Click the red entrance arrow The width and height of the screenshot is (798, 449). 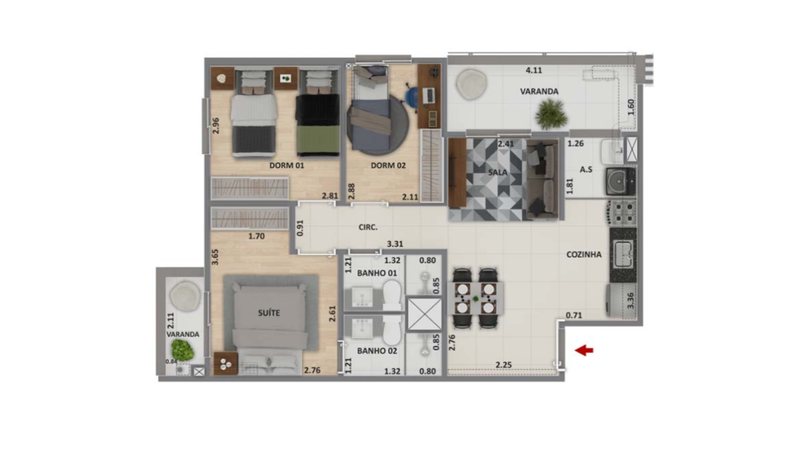[584, 350]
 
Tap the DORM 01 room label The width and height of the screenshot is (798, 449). [287, 165]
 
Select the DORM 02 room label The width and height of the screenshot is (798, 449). [388, 165]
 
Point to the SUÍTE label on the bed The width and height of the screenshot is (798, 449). [269, 313]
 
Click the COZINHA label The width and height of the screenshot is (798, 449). [584, 254]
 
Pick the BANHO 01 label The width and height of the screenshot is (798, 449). [377, 273]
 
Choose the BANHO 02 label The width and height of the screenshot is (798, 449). [377, 351]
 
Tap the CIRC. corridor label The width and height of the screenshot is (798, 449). [368, 227]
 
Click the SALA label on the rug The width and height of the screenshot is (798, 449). [498, 172]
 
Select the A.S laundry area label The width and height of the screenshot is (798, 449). [586, 170]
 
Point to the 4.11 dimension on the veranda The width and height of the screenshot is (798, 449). [534, 70]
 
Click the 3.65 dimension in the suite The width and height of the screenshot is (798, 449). [215, 257]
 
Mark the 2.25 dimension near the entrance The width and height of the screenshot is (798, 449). [504, 365]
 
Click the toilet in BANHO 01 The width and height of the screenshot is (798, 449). [392, 295]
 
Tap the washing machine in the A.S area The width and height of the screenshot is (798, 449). [620, 181]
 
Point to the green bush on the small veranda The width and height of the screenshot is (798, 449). [182, 350]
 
